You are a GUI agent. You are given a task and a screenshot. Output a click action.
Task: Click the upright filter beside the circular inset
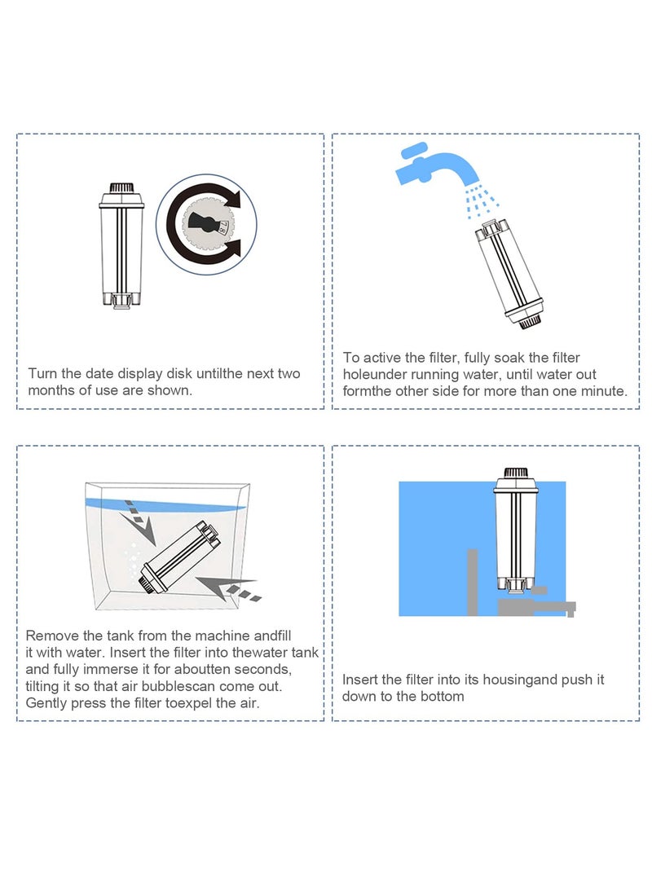pos(121,245)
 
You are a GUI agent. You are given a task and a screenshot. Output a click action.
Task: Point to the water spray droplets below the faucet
pos(481,201)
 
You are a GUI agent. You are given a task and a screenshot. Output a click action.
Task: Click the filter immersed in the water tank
pos(181,558)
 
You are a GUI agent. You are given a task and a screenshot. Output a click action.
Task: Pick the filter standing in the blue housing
pos(515,530)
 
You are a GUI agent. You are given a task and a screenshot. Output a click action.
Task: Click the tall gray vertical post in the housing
pos(472,583)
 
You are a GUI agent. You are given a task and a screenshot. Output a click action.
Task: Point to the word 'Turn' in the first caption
pos(42,374)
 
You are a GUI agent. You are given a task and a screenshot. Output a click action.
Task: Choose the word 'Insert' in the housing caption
pos(359,680)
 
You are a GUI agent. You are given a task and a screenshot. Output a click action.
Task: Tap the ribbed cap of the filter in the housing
pos(516,472)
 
